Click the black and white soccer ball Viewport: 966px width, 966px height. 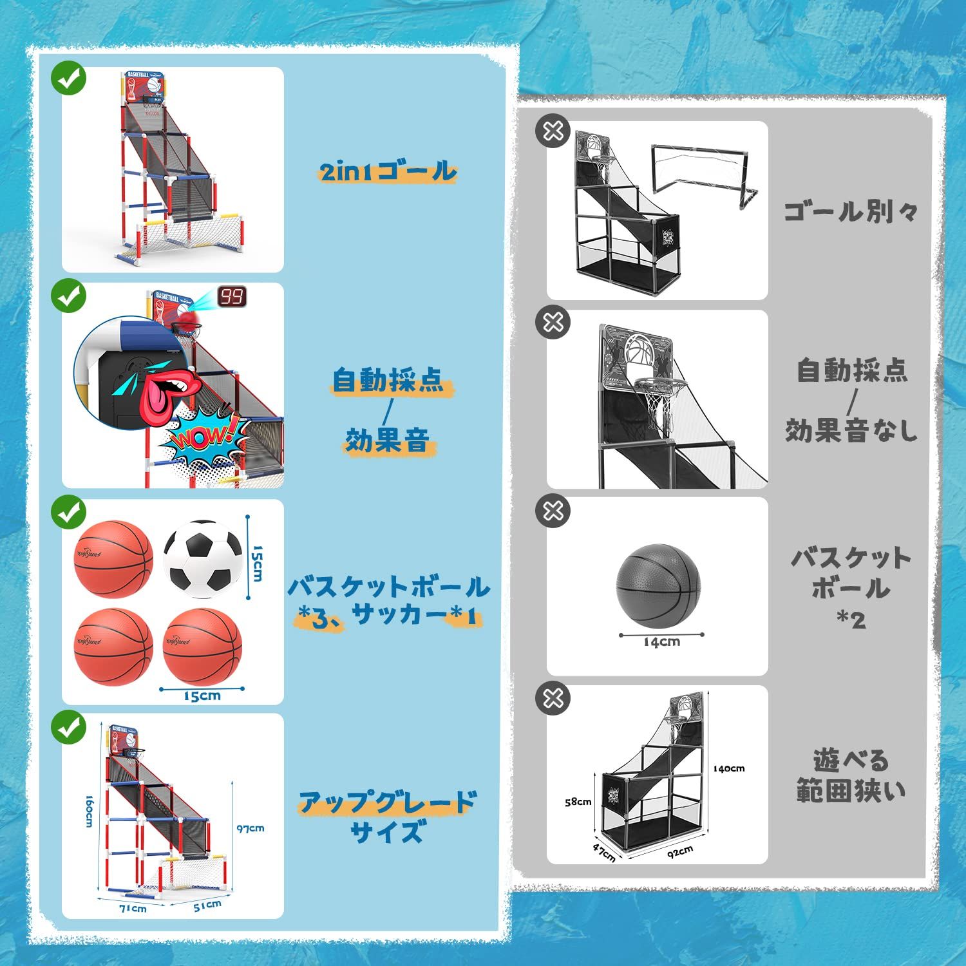tap(203, 558)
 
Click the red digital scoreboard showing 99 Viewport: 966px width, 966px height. tap(232, 297)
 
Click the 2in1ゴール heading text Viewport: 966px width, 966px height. tap(388, 171)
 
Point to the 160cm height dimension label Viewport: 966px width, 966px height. tap(90, 810)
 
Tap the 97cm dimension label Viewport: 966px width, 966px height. tap(250, 828)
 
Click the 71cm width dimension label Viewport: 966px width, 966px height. tap(132, 908)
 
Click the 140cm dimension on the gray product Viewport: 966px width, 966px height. tap(728, 768)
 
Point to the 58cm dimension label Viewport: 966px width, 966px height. tap(578, 802)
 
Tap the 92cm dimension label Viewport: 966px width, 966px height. tap(679, 851)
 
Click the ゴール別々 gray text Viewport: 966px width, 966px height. tap(850, 211)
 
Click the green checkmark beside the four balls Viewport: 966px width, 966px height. tap(69, 513)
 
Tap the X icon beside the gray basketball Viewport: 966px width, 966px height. tap(553, 511)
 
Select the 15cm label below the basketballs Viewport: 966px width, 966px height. tap(202, 696)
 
